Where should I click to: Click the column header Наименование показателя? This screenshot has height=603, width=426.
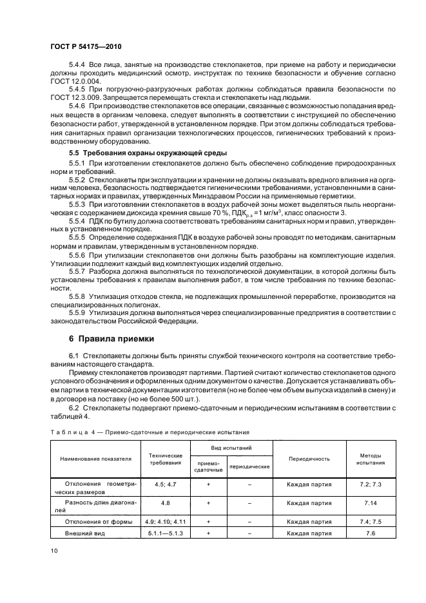95,459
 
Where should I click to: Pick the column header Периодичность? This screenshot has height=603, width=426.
309,459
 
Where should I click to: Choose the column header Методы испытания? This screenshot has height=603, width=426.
369,459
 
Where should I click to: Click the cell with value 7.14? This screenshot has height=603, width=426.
369,503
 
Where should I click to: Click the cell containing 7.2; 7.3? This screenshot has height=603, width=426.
369,483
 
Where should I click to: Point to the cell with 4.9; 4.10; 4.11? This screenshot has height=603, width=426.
165,521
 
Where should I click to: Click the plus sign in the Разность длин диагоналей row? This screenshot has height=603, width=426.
209,503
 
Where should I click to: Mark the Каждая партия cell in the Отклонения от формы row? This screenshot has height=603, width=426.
309,521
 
